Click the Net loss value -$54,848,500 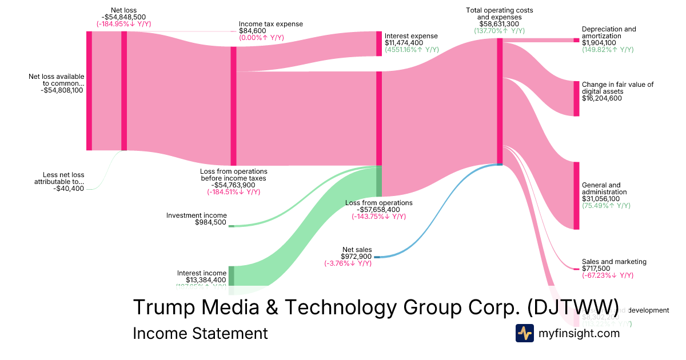coord(123,17)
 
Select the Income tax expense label coord(271,24)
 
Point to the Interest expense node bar coord(379,43)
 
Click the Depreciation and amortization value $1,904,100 coord(599,42)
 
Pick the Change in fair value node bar coord(576,98)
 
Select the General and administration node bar coord(576,195)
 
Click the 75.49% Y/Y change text coord(606,206)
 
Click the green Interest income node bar coord(232,275)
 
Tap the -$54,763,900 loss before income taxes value coord(233,185)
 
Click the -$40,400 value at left coord(69,189)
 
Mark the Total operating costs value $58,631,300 coord(499,24)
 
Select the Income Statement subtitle coord(200,333)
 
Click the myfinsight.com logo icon coord(524,333)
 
